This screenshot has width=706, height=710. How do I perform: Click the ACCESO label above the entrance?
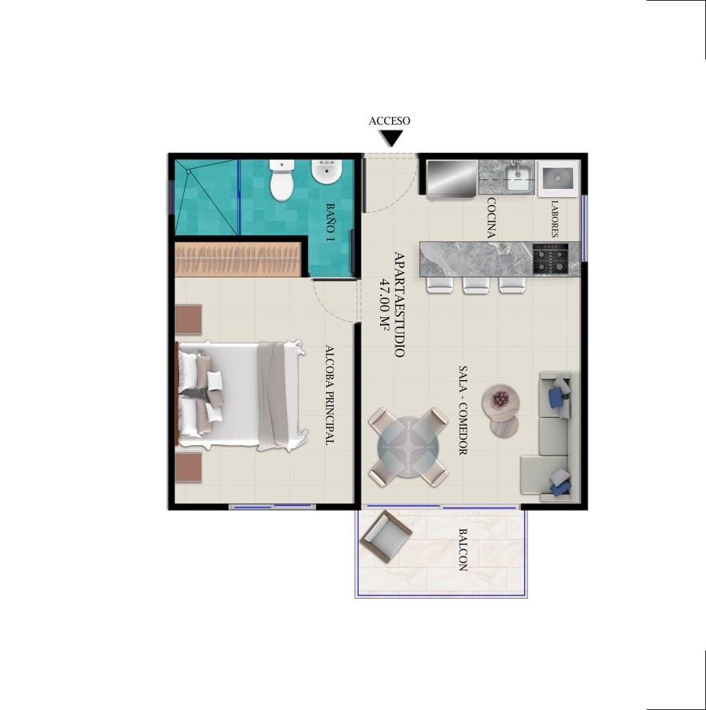389,121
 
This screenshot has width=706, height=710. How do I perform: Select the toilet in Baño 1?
282,180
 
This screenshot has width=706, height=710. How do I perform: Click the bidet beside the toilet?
326,173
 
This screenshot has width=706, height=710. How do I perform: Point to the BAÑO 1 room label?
331,222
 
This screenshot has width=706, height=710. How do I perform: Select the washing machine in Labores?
559,178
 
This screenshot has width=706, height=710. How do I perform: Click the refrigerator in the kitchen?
451,179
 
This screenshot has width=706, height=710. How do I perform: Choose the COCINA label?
491,218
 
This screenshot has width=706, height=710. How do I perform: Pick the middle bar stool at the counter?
475,285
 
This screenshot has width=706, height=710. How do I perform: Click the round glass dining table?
408,447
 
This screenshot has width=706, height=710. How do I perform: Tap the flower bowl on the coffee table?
500,399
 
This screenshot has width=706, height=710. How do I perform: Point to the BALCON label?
463,550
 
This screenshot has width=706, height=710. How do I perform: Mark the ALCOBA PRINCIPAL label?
330,395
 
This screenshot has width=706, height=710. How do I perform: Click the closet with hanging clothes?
238,259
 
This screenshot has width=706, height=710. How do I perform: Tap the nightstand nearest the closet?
188,319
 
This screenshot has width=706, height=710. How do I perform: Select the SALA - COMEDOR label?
463,411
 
